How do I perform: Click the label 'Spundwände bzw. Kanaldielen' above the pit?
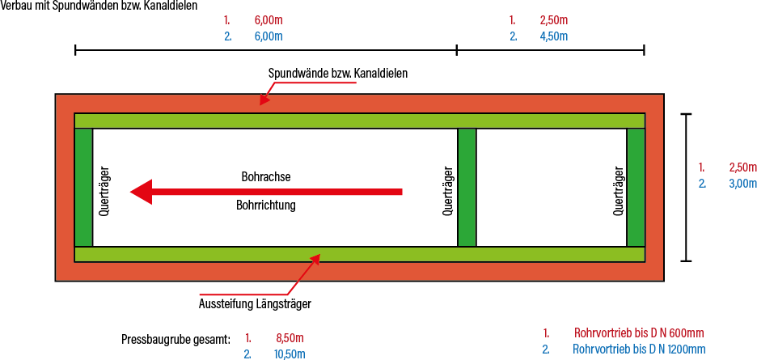(x=337, y=72)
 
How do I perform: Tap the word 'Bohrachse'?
(x=266, y=176)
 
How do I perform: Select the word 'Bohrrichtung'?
(x=266, y=205)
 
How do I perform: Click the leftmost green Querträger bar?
(x=83, y=188)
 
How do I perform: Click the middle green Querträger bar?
(x=467, y=188)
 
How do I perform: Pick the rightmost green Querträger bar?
(x=636, y=188)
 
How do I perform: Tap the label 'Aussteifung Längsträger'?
(x=255, y=304)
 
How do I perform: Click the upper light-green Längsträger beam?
(x=359, y=121)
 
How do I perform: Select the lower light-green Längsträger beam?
(x=359, y=255)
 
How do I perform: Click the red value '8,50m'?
(x=290, y=338)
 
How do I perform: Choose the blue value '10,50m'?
(x=290, y=354)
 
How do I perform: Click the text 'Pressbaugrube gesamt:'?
(x=176, y=338)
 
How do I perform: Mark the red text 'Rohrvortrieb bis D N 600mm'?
(x=638, y=332)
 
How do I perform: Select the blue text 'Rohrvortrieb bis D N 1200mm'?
(x=638, y=349)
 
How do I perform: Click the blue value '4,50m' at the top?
(x=553, y=36)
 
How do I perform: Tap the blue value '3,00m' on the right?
(x=742, y=183)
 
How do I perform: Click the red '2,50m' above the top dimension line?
(x=553, y=19)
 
